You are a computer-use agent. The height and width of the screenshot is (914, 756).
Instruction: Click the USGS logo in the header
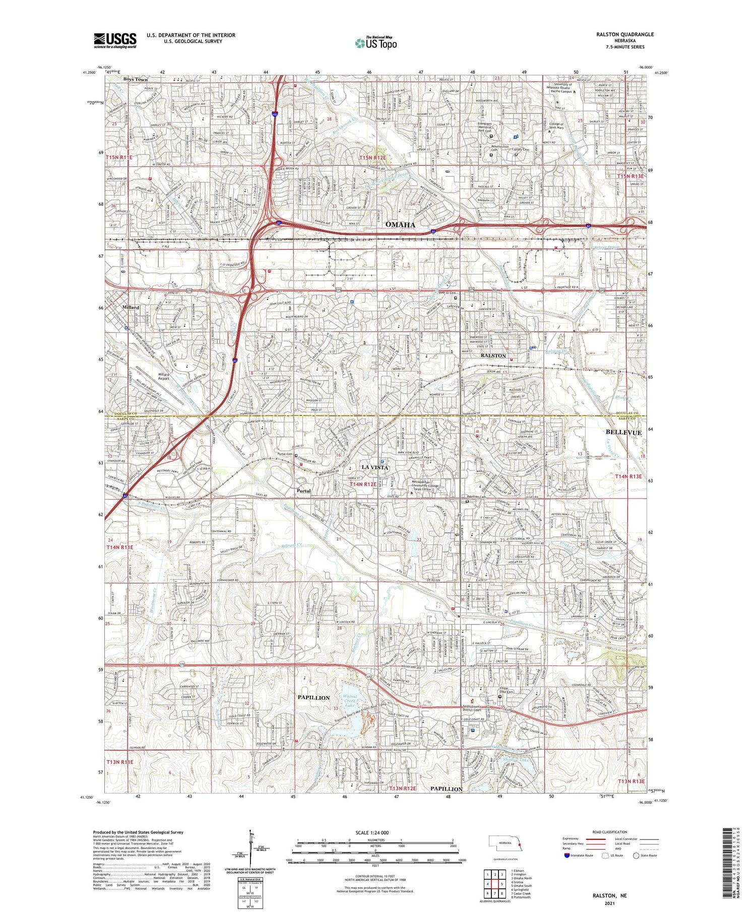click(115, 40)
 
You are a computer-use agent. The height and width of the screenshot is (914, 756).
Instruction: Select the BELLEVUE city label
click(623, 433)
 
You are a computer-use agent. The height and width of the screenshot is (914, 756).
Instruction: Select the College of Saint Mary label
click(563, 126)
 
